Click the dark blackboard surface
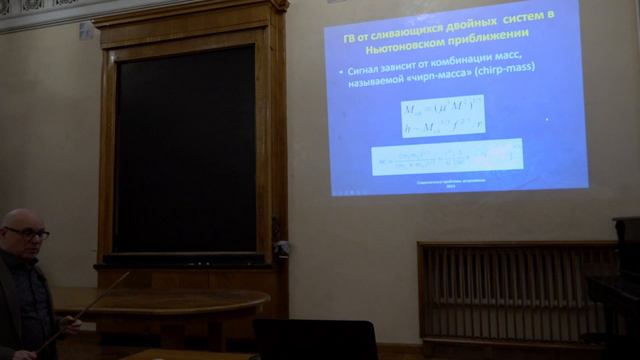pos(184,150)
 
